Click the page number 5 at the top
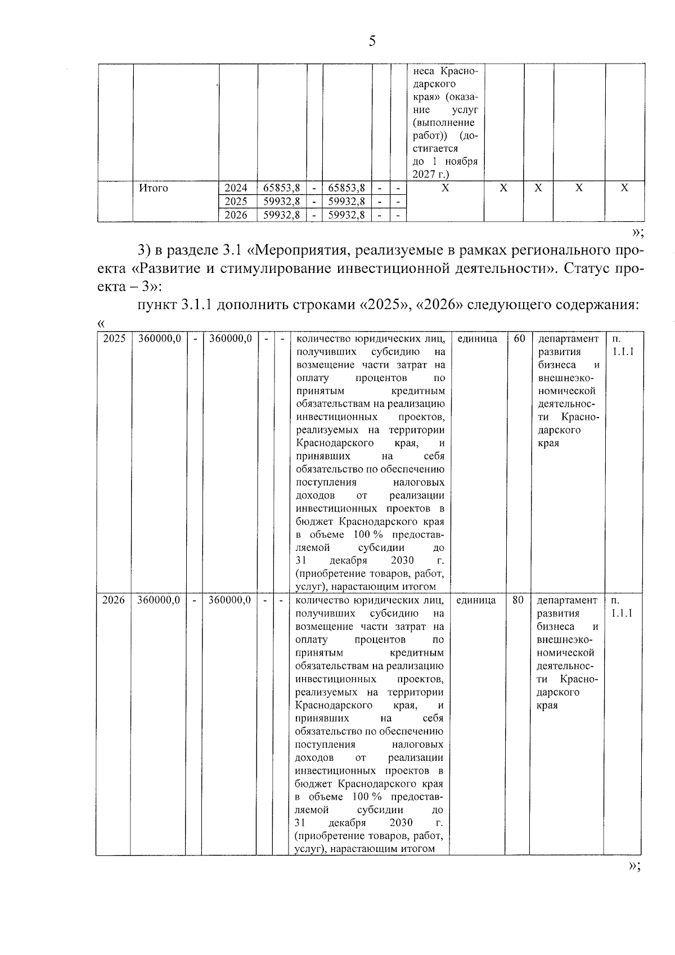(x=372, y=41)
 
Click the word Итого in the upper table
(x=154, y=188)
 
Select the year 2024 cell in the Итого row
(x=236, y=188)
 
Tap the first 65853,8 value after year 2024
(x=282, y=188)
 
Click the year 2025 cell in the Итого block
(x=236, y=201)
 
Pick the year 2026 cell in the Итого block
(x=236, y=215)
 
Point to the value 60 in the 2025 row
(x=519, y=339)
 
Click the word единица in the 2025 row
(x=477, y=339)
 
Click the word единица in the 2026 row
(x=476, y=600)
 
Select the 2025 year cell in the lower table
(x=114, y=339)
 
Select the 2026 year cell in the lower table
(x=113, y=600)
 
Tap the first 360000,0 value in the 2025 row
(x=160, y=339)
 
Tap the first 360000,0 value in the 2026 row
(x=159, y=600)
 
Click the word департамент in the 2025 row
(x=568, y=339)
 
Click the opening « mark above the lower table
(x=101, y=324)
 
